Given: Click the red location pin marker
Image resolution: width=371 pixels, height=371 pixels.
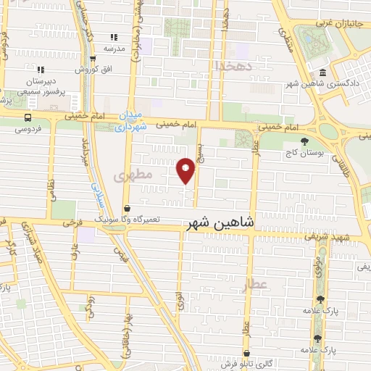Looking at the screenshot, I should click(186, 170).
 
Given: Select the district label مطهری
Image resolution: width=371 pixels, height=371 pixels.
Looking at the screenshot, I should click(133, 175).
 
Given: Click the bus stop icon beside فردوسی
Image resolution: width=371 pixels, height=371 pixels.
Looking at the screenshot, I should click(28, 117).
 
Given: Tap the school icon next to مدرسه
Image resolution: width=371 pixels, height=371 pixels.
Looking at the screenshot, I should click(113, 37).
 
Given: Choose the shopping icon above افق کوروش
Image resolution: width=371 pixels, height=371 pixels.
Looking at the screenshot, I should click(92, 59).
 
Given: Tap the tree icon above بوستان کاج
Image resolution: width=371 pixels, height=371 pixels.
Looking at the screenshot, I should click(304, 141).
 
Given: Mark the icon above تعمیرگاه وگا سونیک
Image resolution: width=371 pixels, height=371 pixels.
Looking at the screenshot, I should click(128, 209).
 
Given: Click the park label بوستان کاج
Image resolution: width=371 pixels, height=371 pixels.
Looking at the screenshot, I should click(304, 154).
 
